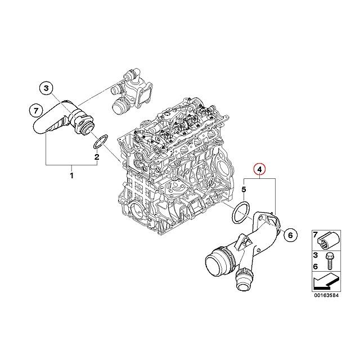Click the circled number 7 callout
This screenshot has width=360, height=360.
click(35, 109)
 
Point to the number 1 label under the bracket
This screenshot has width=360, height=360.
click(71, 177)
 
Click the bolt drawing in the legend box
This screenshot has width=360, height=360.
click(329, 259)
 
